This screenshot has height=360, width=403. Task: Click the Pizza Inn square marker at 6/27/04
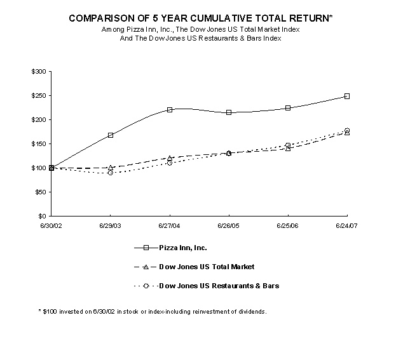170,110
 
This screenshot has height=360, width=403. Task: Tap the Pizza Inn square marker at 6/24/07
347,96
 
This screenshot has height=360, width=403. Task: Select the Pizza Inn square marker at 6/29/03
111,135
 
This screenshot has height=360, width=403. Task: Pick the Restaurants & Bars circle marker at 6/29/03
111,173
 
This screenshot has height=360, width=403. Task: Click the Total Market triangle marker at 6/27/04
170,157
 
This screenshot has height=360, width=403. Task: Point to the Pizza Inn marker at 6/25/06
288,108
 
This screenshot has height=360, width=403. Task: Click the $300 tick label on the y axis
38,72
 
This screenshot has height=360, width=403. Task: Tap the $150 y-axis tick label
38,144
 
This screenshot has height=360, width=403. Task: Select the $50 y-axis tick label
39,192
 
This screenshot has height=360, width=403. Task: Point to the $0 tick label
42,217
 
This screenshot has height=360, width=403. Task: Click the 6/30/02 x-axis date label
51,225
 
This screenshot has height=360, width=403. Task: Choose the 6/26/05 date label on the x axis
229,225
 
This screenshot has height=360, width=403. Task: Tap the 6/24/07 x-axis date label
347,225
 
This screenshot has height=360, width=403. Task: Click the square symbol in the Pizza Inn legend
147,248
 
